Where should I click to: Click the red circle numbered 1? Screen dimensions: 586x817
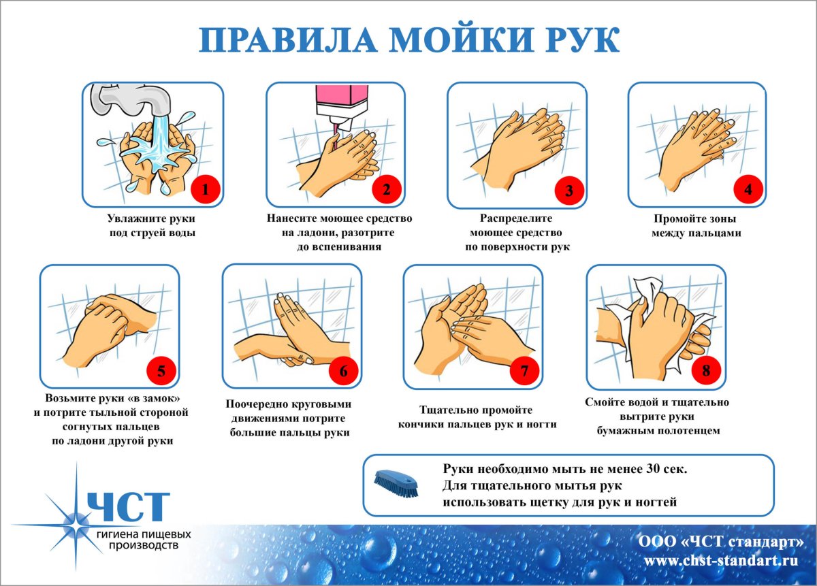(205, 189)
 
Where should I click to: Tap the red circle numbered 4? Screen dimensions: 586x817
(748, 189)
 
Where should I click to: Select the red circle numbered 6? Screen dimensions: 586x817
(343, 371)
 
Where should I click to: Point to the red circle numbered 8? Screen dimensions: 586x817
(706, 371)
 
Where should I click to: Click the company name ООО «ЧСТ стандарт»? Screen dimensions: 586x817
(720, 542)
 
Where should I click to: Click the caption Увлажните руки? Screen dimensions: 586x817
(151, 219)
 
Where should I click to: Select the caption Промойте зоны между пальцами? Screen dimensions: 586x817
(695, 226)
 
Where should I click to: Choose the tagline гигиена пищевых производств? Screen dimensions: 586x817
(143, 540)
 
